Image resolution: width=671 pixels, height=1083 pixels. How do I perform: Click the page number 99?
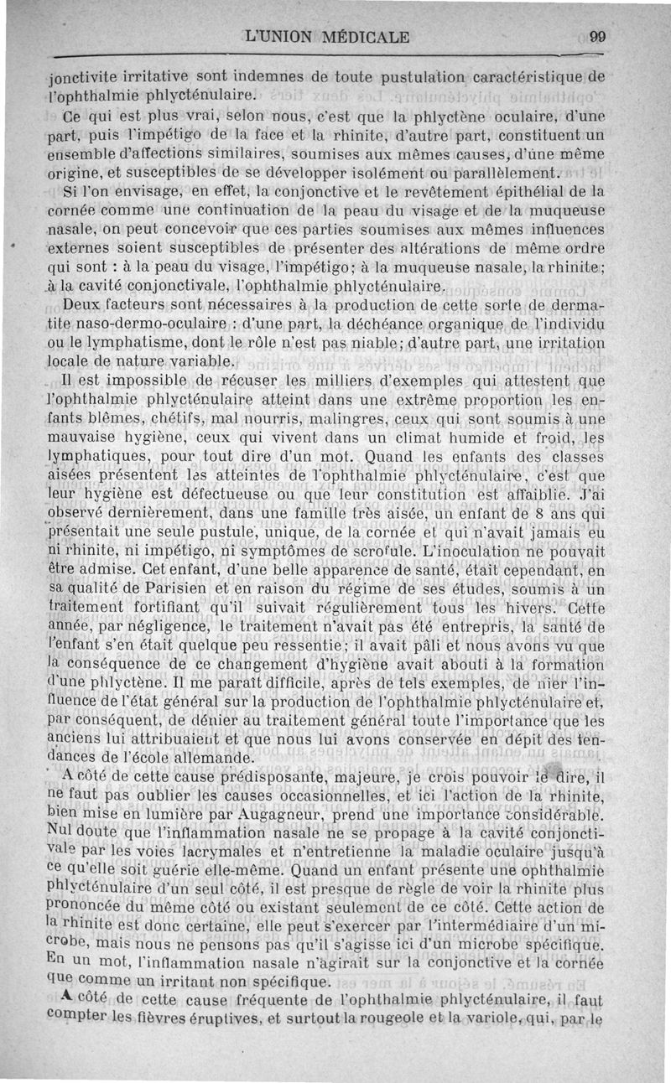[x=598, y=36]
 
